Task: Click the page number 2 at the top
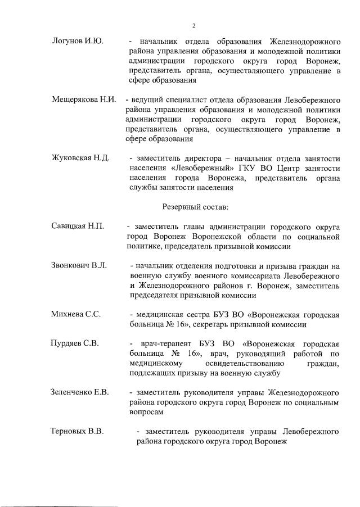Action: click(193, 26)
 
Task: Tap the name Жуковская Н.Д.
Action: click(80, 158)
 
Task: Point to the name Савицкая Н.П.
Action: click(78, 227)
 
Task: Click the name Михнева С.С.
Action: click(76, 314)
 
